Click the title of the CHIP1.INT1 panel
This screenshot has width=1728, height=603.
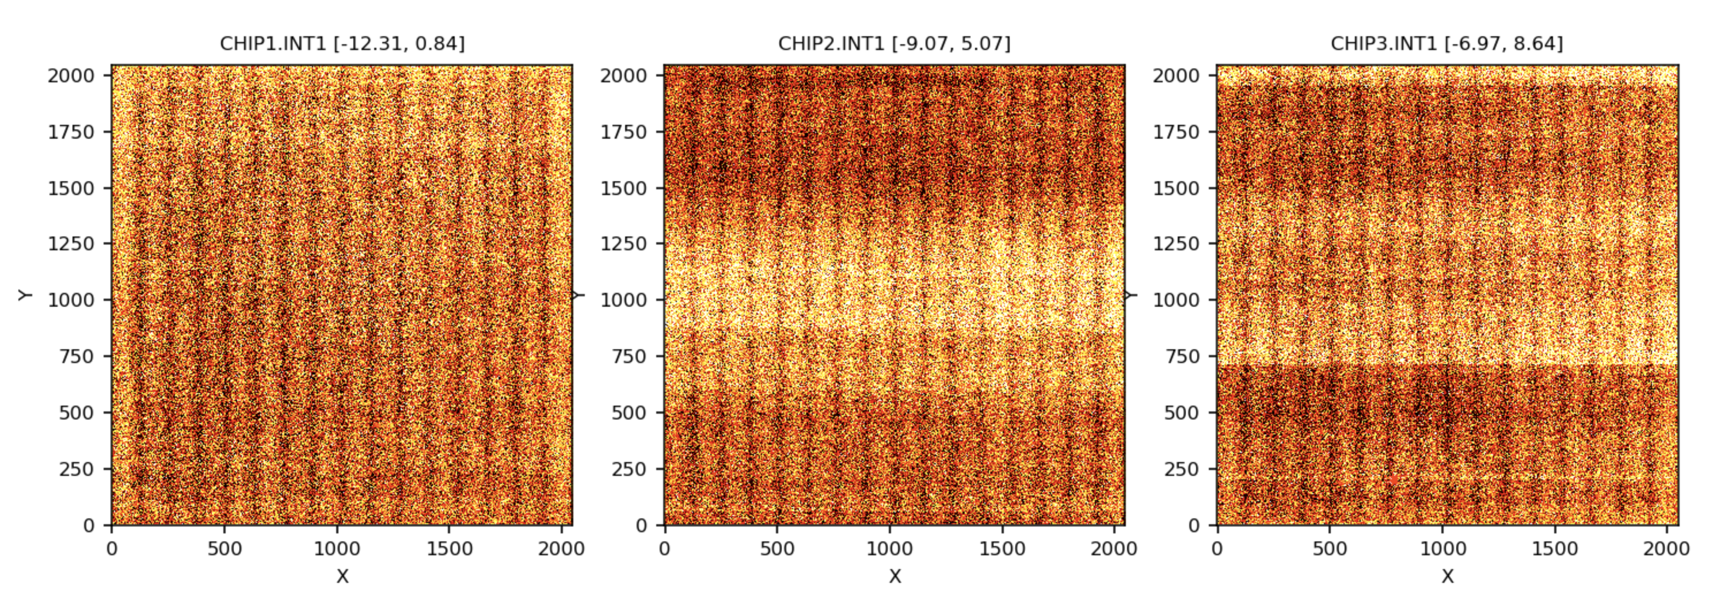[342, 44]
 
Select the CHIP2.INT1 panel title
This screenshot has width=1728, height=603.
[894, 44]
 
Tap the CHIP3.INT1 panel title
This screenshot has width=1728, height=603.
[1447, 44]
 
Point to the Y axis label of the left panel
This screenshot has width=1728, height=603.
[25, 295]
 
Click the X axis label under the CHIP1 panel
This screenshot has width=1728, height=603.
[342, 576]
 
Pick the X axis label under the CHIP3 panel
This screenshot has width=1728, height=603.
[1448, 576]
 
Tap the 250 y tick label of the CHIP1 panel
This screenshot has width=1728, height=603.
[76, 469]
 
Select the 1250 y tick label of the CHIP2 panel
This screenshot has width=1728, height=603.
[623, 243]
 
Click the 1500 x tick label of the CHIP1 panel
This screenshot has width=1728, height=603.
[450, 549]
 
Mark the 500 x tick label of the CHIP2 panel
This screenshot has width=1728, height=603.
[777, 549]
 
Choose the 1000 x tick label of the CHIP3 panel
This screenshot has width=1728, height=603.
[1442, 549]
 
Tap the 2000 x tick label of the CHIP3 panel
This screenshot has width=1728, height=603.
[1667, 549]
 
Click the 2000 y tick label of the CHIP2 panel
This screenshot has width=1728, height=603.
[623, 75]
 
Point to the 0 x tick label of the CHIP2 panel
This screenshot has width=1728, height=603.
[664, 549]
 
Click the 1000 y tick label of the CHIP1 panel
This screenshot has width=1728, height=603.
[70, 300]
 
